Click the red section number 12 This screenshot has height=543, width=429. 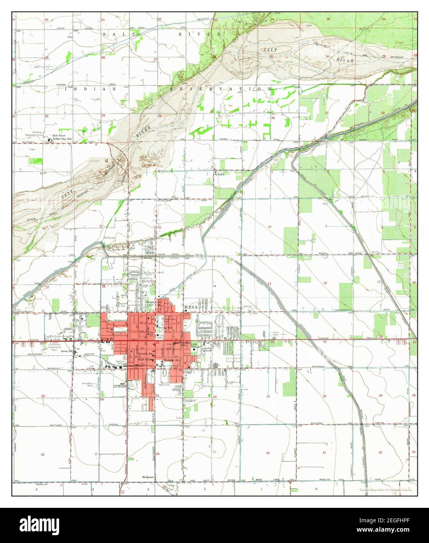click(x=269, y=227)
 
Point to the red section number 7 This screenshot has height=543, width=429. click(x=326, y=227)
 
